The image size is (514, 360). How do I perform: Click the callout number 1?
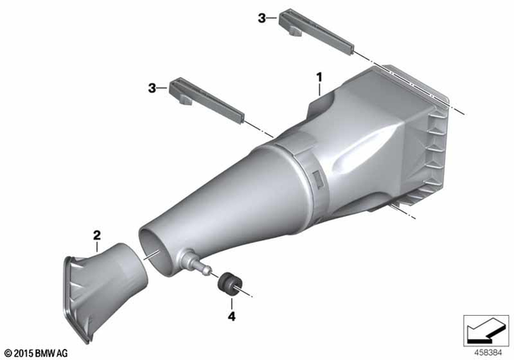pyautogui.click(x=319, y=78)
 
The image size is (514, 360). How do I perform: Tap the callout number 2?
pyautogui.click(x=97, y=235)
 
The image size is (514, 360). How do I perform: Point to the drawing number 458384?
pyautogui.click(x=486, y=352)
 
